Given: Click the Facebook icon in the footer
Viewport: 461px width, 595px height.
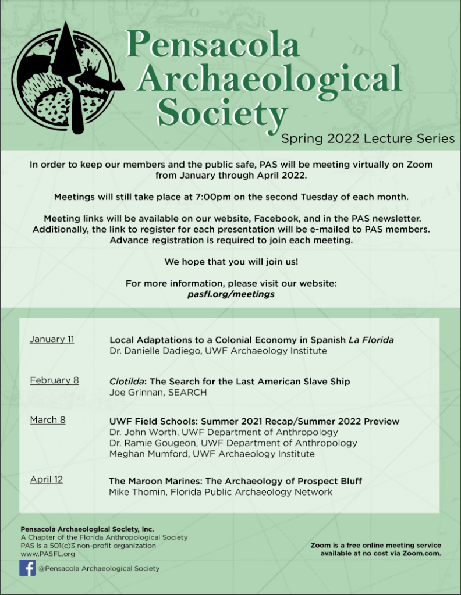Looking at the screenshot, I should coord(27,568).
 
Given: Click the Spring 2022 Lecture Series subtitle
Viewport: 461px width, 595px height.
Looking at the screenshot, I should coord(368,138).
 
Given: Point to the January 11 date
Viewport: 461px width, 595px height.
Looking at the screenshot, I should coord(52,339).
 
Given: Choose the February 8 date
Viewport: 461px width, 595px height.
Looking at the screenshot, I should coord(54,381).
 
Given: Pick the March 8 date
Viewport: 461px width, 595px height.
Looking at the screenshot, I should coord(48,420).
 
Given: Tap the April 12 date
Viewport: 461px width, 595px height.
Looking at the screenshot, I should coord(47,480).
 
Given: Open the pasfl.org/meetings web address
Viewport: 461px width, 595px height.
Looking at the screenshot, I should coord(231,294).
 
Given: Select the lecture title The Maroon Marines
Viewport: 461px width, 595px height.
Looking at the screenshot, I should coord(235,481).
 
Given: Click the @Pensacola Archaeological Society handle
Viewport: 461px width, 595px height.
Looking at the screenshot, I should coord(99,568).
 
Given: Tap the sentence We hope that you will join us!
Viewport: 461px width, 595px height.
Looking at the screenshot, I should coord(231,262).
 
